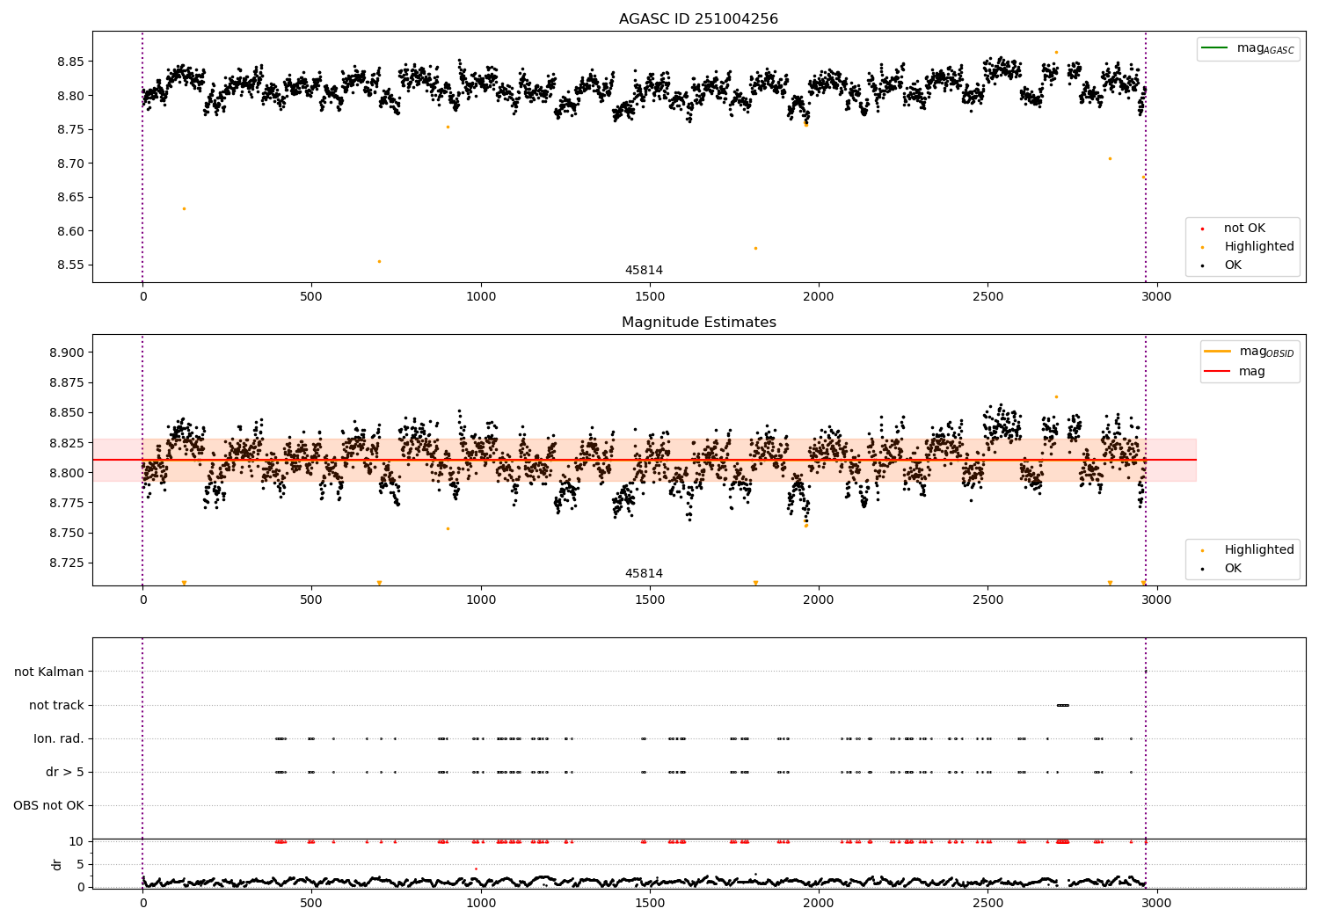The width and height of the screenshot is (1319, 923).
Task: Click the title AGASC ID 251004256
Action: (x=698, y=19)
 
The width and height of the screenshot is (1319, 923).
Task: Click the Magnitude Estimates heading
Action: (x=698, y=323)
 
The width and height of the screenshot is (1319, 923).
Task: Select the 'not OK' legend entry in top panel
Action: (x=1243, y=229)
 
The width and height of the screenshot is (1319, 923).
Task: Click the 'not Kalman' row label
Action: (x=49, y=672)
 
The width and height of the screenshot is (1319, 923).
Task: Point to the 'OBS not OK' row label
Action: (x=49, y=805)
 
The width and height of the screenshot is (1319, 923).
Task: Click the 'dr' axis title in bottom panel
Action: (x=57, y=864)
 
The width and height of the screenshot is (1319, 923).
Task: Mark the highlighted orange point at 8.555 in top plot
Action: (x=379, y=261)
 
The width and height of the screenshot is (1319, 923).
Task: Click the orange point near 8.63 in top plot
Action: (x=184, y=208)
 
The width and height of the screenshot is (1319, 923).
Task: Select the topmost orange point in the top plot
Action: (x=1056, y=52)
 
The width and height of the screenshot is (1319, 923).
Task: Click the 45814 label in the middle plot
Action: (x=644, y=573)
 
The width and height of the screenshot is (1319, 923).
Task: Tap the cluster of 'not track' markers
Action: (x=1062, y=705)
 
